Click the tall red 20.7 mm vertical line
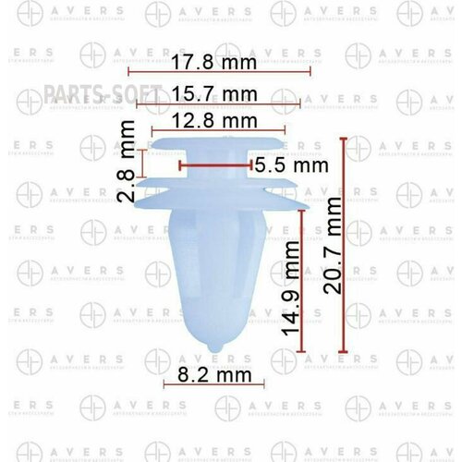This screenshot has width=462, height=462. (344, 245)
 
